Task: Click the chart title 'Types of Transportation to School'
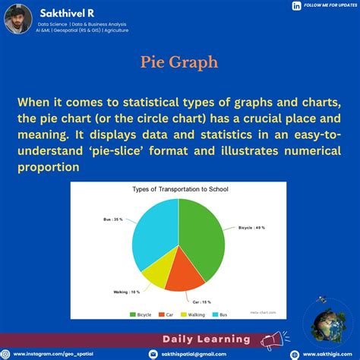[x=179, y=188]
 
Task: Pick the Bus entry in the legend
[x=220, y=313]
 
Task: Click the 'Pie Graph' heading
[x=180, y=62]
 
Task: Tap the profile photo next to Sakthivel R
[x=17, y=17]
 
